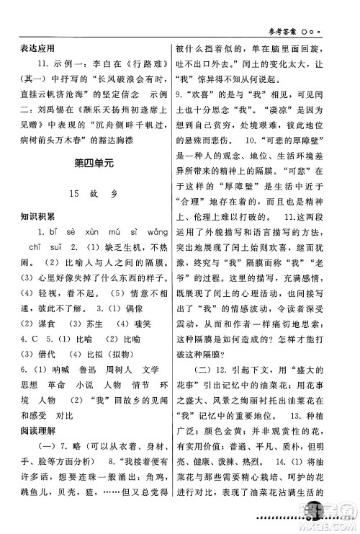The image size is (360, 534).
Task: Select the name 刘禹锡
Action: pos(40,112)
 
